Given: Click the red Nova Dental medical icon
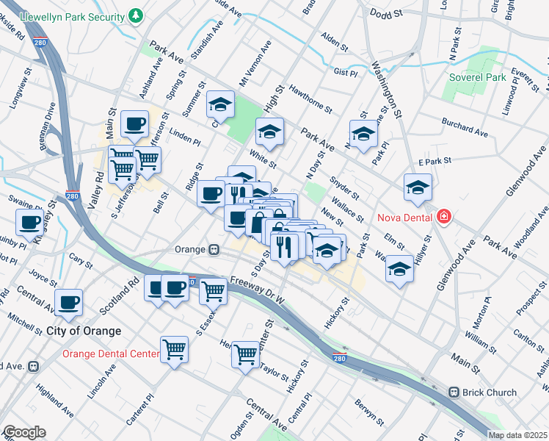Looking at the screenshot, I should click(443, 217).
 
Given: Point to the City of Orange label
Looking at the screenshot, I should click(84, 331).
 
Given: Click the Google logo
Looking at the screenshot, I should click(24, 432).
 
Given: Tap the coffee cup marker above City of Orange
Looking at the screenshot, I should click(68, 302).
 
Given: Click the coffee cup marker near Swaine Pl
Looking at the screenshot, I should click(30, 223).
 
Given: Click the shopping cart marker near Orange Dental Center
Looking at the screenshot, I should click(175, 348).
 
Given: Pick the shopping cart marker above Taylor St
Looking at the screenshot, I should click(245, 354).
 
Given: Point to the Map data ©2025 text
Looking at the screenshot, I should click(517, 435).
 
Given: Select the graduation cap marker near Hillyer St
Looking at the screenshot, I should click(399, 269).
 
